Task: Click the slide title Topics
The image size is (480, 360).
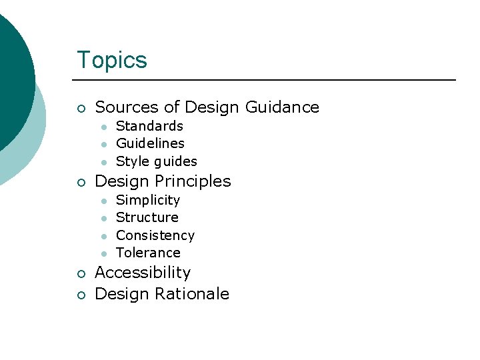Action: point(112,60)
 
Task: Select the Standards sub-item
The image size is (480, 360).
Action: point(149,126)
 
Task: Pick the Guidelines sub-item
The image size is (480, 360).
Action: point(150,143)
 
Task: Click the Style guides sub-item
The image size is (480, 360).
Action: point(157,161)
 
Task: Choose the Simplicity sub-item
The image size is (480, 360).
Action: point(148,200)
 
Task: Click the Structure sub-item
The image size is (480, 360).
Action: point(147,217)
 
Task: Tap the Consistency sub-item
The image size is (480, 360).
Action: point(155,235)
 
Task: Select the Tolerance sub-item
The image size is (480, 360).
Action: point(148,253)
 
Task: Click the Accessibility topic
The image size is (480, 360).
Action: point(143,273)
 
